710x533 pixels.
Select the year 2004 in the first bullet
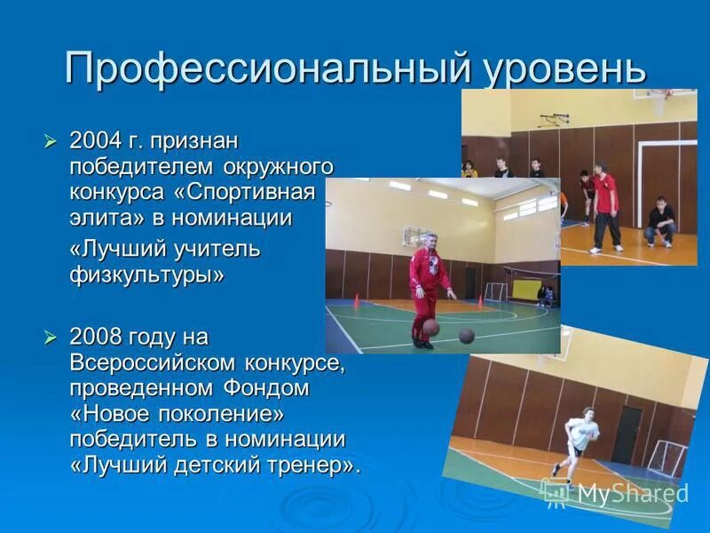(95, 140)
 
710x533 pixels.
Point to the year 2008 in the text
(95, 338)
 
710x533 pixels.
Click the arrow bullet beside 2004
(51, 140)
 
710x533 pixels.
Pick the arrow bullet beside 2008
(51, 338)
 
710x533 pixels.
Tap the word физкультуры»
(147, 275)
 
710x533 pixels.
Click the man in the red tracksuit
(429, 284)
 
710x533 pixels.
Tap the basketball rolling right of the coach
(467, 336)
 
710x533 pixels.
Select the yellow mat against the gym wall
(539, 292)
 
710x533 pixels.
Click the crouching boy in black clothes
(660, 222)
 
